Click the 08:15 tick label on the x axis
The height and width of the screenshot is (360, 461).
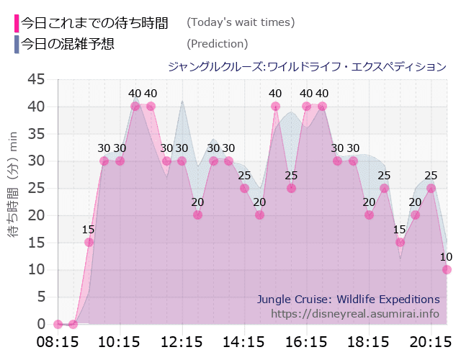58,341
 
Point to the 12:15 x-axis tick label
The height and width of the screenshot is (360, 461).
182,341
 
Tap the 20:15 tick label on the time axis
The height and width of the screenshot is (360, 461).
431,341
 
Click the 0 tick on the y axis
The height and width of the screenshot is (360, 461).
42,324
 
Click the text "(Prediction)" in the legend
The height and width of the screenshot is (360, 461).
217,44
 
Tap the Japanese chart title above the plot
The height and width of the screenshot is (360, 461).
306,66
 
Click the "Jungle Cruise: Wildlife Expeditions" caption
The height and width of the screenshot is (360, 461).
348,299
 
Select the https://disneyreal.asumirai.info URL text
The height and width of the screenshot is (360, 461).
355,314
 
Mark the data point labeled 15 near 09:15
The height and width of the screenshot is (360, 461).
89,242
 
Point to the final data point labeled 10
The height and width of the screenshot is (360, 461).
447,269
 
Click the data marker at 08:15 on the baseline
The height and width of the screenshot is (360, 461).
58,324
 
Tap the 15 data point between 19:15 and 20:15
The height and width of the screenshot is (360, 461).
400,242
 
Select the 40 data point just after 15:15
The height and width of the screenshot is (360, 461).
275,107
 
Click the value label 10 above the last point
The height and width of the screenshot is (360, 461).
447,256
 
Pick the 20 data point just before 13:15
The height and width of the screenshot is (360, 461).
197,215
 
